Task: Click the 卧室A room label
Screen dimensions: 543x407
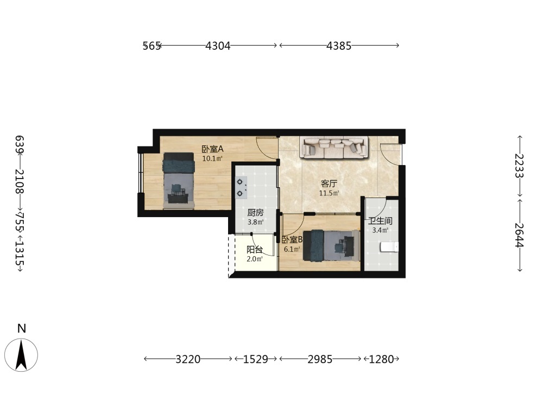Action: pos(213,149)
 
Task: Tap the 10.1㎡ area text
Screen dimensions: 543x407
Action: pos(212,159)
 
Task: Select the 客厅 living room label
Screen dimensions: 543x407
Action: pos(329,183)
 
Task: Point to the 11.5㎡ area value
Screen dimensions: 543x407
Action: pos(329,193)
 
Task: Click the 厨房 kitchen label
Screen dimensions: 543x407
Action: pos(256,213)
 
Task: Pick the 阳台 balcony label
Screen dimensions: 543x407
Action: pos(255,250)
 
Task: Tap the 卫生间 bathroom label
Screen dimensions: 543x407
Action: pos(380,221)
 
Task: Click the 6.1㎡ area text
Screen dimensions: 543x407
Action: pos(292,249)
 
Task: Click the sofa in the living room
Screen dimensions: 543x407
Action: pos(335,148)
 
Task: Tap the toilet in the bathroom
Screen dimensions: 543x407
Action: pos(389,247)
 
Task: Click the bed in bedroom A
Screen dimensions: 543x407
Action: pos(178,181)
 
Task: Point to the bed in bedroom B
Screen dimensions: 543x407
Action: pos(331,245)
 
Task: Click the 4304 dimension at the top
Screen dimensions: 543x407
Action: pos(218,46)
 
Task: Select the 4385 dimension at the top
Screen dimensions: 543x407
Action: pos(339,46)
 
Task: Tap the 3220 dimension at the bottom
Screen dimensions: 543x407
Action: pos(188,359)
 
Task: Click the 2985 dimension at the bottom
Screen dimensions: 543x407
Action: pos(320,359)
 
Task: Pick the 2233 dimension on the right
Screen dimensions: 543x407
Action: pos(519,166)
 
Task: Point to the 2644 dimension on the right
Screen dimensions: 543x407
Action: pos(519,235)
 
